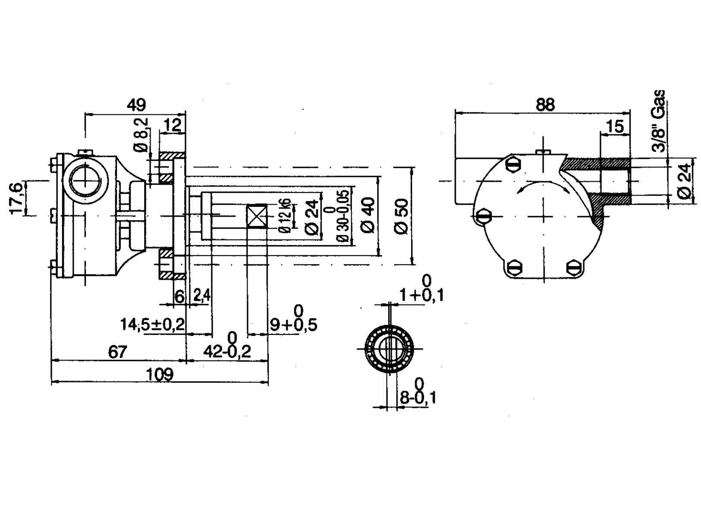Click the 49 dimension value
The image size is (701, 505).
(136, 105)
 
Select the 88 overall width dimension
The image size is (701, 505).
(545, 104)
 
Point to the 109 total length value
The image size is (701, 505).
(160, 375)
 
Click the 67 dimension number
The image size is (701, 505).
(118, 352)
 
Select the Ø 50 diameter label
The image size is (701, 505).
(402, 216)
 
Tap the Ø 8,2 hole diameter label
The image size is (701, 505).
(141, 135)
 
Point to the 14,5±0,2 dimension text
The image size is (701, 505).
(153, 325)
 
